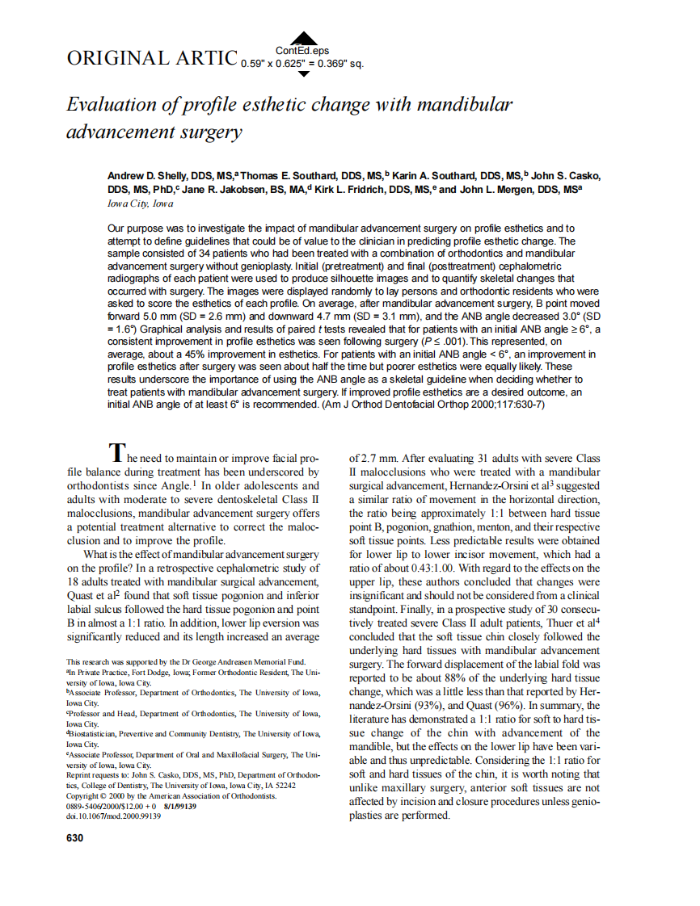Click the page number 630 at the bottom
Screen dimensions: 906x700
coord(74,838)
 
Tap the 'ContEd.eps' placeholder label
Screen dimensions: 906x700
coord(303,51)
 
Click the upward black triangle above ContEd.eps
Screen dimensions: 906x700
coord(303,37)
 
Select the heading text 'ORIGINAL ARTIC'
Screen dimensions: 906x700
coord(151,58)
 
